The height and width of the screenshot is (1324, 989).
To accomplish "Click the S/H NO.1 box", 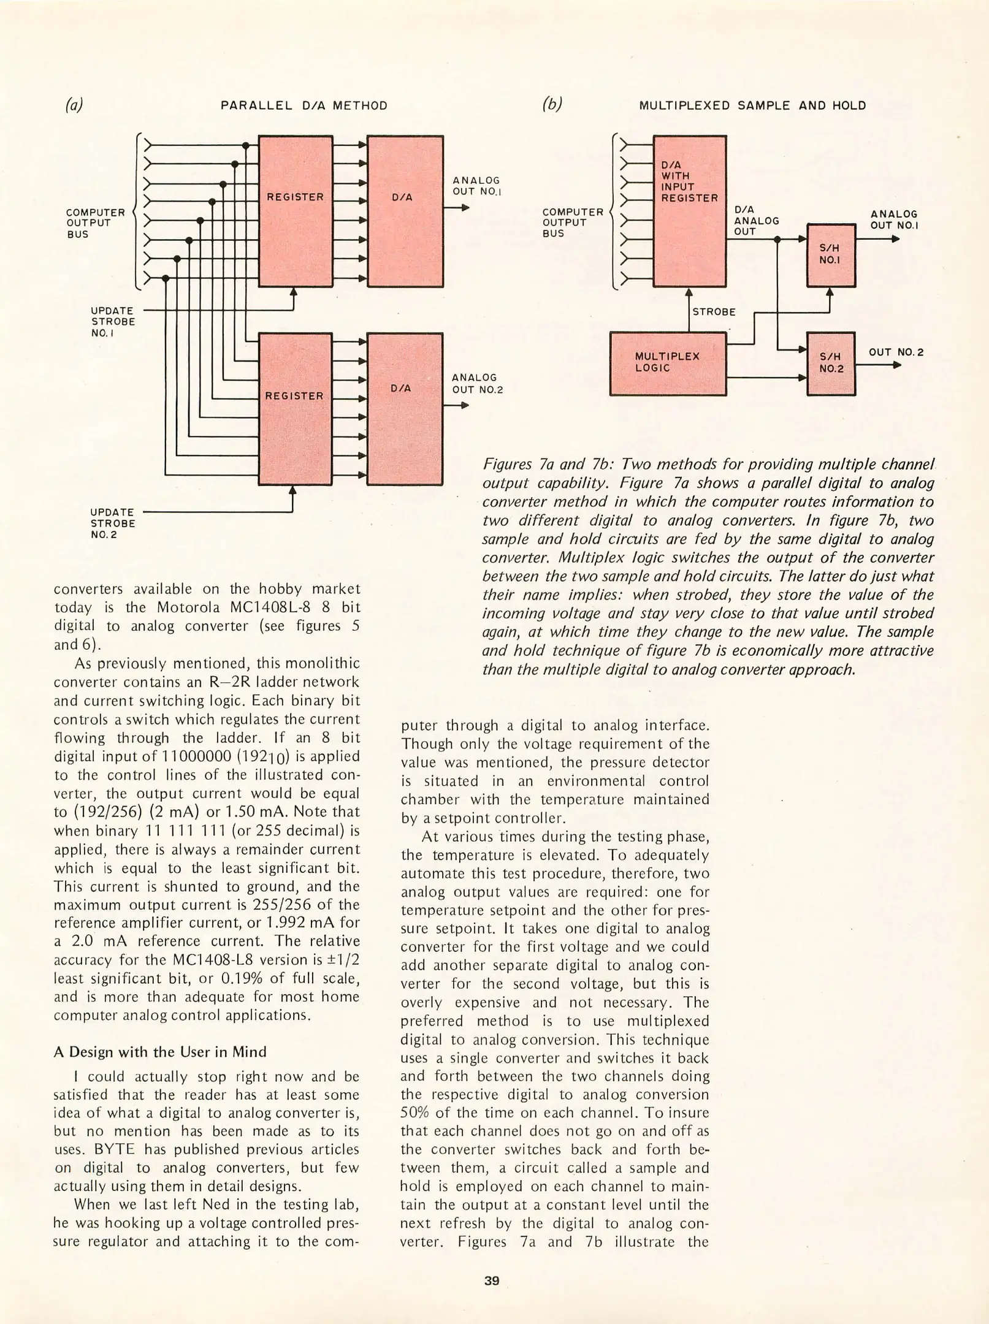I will pyautogui.click(x=831, y=255).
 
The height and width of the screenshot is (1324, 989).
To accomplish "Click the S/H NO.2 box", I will pyautogui.click(x=831, y=363).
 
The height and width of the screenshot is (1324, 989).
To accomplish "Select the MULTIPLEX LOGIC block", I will pyautogui.click(x=668, y=363).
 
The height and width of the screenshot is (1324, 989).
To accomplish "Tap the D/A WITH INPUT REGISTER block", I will pyautogui.click(x=689, y=211).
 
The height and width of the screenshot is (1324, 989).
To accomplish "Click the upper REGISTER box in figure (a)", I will pyautogui.click(x=296, y=211).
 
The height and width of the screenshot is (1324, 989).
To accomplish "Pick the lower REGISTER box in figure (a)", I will pyautogui.click(x=296, y=408).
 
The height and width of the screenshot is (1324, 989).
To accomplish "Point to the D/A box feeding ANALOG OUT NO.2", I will pyautogui.click(x=404, y=408).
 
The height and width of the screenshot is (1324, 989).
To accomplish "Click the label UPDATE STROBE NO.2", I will pyautogui.click(x=113, y=523).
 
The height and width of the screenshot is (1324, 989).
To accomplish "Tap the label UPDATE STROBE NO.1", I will pyautogui.click(x=113, y=322).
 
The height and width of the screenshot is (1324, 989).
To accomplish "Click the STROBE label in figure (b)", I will pyautogui.click(x=714, y=312).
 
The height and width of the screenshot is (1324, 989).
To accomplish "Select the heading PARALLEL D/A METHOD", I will pyautogui.click(x=304, y=105).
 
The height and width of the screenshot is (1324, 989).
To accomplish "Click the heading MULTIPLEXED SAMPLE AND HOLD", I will pyautogui.click(x=752, y=105).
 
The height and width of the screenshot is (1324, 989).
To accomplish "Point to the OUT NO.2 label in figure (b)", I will pyautogui.click(x=896, y=352).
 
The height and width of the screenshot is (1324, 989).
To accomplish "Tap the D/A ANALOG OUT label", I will pyautogui.click(x=756, y=221).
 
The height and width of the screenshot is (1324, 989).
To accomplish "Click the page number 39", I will pyautogui.click(x=492, y=1280).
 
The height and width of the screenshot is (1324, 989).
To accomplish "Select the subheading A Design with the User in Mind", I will pyautogui.click(x=160, y=1052).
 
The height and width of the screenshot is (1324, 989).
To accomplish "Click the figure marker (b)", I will pyautogui.click(x=552, y=105).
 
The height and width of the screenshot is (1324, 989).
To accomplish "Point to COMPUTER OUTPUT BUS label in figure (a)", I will pyautogui.click(x=96, y=223).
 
